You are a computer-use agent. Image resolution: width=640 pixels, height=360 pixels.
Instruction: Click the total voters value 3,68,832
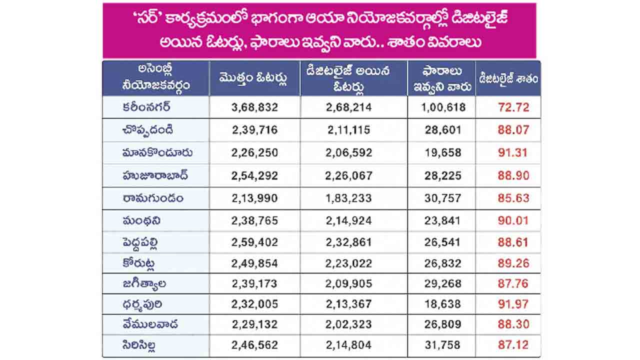[254, 107]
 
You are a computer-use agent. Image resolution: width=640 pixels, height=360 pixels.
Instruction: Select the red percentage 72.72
[513, 107]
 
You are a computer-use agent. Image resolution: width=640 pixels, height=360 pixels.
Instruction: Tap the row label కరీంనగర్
[146, 107]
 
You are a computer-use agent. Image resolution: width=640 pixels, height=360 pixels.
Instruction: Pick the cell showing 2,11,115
[348, 130]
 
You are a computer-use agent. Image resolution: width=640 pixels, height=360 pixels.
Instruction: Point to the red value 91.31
[512, 152]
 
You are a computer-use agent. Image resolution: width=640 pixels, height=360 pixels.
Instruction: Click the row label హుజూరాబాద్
[155, 175]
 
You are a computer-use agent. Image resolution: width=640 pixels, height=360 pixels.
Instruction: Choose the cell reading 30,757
[442, 198]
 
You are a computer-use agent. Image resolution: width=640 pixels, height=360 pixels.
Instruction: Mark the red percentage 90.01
[513, 220]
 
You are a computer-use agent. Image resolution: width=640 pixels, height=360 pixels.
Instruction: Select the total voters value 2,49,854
[254, 263]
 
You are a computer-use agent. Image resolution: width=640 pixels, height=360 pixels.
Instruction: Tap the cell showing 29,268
[442, 283]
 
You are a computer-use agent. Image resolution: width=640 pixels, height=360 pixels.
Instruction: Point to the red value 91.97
[513, 304]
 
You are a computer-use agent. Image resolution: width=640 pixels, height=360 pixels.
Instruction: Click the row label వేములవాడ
[150, 324]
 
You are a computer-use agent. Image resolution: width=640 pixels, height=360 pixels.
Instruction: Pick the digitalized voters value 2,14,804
[348, 345]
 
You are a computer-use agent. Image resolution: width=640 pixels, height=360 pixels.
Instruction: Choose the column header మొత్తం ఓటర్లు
[253, 78]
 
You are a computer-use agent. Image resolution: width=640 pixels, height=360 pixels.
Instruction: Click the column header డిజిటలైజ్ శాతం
[508, 78]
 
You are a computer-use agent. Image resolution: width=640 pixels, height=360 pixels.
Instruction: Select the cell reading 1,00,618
[443, 107]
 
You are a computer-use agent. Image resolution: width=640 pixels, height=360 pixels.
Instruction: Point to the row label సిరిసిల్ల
[139, 345]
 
